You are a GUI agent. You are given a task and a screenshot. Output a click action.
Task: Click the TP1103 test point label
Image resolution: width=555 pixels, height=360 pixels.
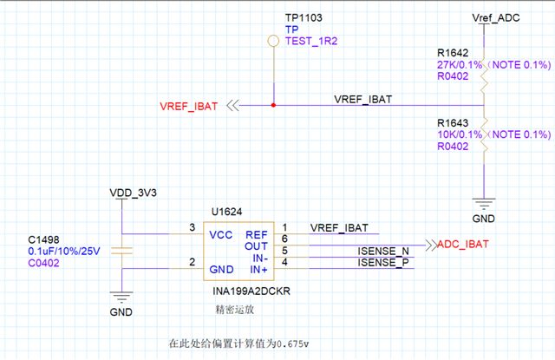304,17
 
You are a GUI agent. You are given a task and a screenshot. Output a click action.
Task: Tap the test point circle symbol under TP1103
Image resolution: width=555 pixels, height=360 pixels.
273,40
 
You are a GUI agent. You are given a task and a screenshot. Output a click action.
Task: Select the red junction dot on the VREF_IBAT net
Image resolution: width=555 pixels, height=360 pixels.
274,106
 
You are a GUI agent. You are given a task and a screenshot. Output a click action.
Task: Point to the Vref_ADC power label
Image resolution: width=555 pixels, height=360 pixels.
494,17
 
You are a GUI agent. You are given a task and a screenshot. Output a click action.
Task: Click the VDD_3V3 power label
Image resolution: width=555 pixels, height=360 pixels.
133,192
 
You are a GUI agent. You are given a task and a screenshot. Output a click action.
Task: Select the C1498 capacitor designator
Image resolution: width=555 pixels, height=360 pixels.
45,239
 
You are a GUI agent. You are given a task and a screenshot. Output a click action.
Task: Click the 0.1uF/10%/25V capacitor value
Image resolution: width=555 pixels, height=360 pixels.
65,251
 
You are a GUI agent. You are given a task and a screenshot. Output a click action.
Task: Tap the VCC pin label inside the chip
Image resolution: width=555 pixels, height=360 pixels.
222,234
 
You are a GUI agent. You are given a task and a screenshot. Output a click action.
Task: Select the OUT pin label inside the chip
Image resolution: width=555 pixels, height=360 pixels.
258,245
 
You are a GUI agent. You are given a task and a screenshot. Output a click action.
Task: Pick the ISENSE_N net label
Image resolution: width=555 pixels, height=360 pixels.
383,251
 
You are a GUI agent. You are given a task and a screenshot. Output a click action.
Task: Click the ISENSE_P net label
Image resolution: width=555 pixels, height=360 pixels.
383,262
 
